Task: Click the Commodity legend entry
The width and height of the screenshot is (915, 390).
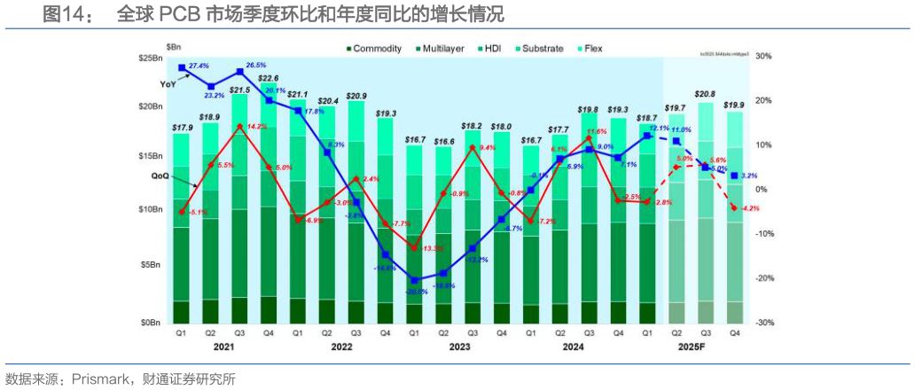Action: pos(377,49)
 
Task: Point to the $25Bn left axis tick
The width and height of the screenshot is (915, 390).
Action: pos(152,58)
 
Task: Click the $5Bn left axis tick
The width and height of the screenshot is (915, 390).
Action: pos(154,265)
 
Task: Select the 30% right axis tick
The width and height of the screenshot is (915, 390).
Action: pos(762,56)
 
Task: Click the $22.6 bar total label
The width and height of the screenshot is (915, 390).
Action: pos(269,79)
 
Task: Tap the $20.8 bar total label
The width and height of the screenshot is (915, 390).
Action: pos(706,94)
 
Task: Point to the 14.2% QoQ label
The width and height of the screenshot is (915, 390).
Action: pos(255,127)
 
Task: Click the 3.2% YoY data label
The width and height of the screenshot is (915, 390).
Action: pos(747,175)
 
